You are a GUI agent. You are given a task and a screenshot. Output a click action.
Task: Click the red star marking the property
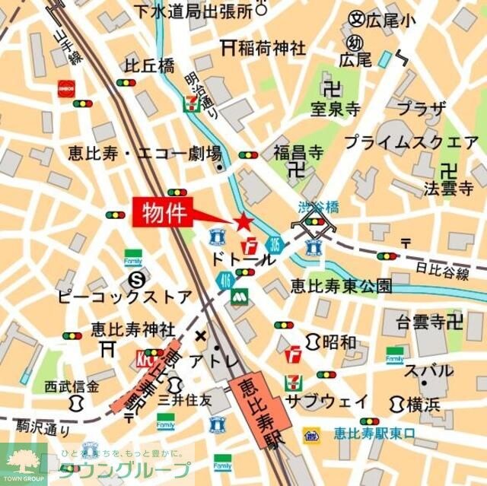(x=243, y=222)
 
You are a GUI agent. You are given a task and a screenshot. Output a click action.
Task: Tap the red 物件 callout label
(x=164, y=211)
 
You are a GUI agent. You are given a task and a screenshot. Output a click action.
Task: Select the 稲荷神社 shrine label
(x=271, y=49)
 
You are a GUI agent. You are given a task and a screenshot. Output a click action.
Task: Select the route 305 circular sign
(x=274, y=245)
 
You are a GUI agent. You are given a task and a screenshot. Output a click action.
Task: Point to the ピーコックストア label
(x=124, y=295)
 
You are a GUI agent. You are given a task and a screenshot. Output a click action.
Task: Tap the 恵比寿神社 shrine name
(x=133, y=329)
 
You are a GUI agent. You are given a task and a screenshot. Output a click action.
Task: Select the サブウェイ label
(x=326, y=401)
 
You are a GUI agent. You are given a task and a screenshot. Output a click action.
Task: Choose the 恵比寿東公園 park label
(x=341, y=286)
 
